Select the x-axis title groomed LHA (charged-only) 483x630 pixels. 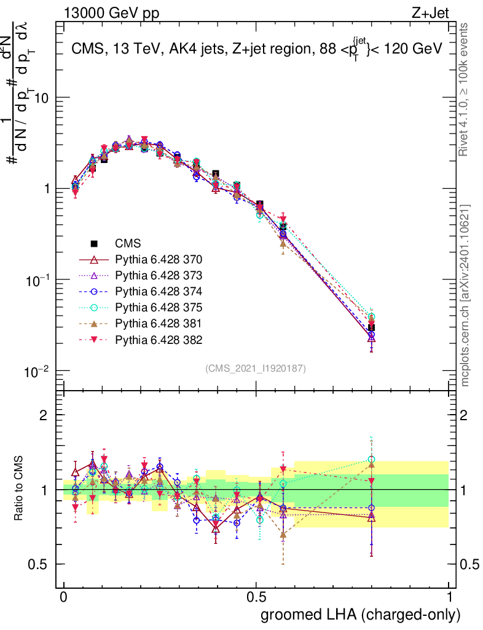pyautogui.click(x=361, y=614)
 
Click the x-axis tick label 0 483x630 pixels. pyautogui.click(x=64, y=597)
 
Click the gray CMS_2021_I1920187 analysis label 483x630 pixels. pyautogui.click(x=255, y=368)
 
